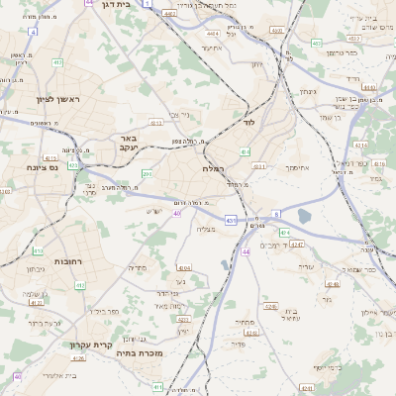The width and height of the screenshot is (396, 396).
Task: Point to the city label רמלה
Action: tap(215, 167)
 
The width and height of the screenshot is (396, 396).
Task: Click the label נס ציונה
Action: tap(44, 167)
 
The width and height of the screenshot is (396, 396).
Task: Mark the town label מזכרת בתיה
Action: tap(138, 352)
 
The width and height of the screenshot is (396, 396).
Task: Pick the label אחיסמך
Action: tap(301, 167)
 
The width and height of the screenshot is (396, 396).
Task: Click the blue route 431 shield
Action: tap(230, 220)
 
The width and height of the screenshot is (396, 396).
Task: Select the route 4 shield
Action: tap(33, 33)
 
